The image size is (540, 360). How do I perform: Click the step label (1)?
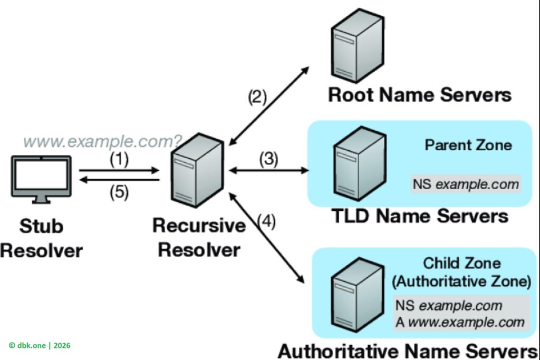coord(119,160)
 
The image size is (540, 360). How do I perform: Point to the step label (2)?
coord(258,97)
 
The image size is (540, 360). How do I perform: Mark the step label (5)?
coord(119,192)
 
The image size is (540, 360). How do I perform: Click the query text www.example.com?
coord(103,141)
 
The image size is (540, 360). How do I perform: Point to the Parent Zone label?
coord(468,144)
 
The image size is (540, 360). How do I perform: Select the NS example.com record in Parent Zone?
coord(466,184)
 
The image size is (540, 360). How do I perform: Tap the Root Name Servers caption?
coord(420,95)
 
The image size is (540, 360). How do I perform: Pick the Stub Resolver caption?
coord(41,238)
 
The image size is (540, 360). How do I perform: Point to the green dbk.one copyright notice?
coord(40,345)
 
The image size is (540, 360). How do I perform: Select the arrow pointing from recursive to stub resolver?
coord(119,180)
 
